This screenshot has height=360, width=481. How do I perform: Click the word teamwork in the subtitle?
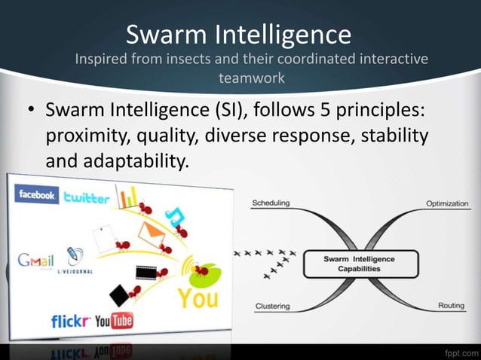click(251, 77)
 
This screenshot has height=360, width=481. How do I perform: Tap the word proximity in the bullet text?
click(88, 137)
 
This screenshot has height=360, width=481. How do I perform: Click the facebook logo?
click(37, 195)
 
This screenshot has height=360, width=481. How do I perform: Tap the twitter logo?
click(87, 198)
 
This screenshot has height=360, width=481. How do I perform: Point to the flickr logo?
click(71, 322)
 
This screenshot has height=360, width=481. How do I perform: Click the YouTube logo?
click(113, 322)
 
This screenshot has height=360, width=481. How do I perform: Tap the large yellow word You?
click(198, 298)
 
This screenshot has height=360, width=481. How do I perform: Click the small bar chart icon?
click(130, 197)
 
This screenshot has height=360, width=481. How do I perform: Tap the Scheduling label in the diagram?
click(274, 203)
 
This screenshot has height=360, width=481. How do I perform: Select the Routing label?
click(451, 306)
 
